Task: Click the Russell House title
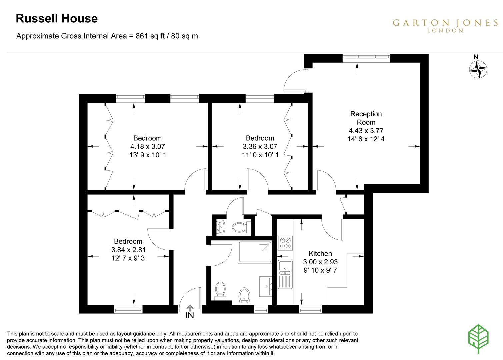(x=57, y=18)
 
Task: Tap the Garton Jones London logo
(x=445, y=26)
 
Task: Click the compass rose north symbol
(x=478, y=67)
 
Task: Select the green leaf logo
(x=478, y=339)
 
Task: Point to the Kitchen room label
(x=320, y=254)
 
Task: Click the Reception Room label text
(x=366, y=118)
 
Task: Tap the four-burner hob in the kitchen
(x=285, y=243)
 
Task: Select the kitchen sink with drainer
(x=285, y=274)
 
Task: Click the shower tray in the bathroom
(x=255, y=252)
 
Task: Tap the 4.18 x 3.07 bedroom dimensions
(x=148, y=146)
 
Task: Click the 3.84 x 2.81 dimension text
(x=128, y=250)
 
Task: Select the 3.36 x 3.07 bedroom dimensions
(x=260, y=146)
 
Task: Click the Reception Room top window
(x=366, y=58)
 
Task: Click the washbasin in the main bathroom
(x=266, y=287)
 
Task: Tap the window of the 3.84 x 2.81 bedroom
(x=128, y=309)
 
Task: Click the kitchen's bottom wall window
(x=311, y=309)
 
